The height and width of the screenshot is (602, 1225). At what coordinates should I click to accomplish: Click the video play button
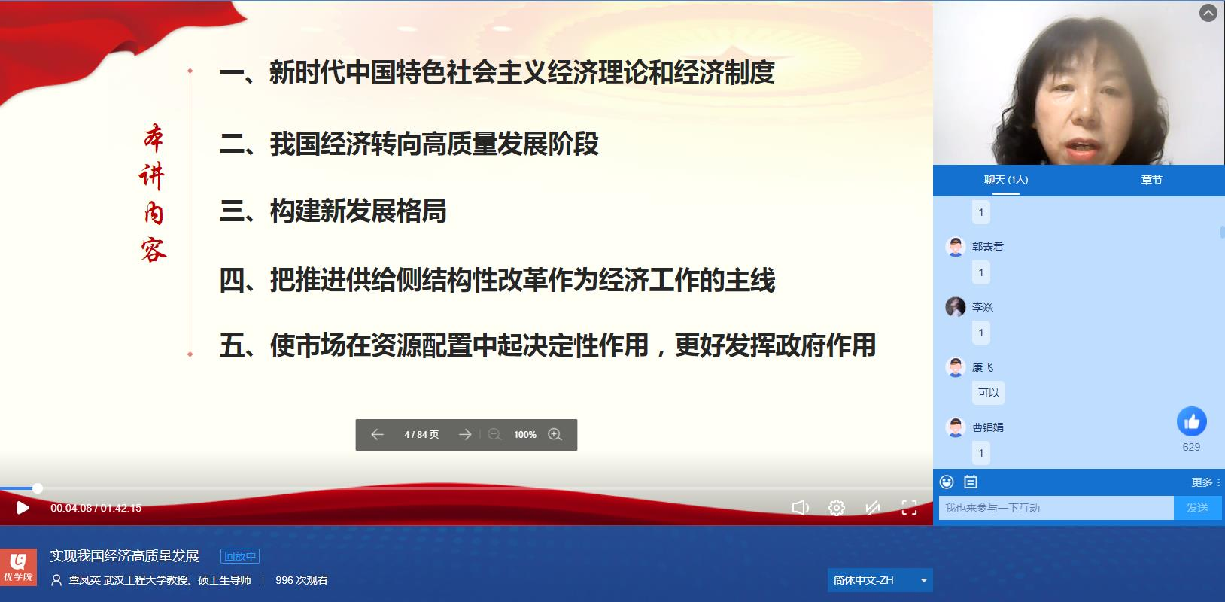point(23,508)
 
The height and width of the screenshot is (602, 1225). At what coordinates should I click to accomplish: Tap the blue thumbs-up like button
point(1192,421)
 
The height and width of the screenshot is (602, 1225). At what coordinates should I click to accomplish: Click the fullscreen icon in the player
point(909,508)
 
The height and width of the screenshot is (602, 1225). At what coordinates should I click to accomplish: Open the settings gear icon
point(836,508)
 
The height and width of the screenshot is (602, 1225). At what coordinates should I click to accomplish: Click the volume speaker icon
point(800,508)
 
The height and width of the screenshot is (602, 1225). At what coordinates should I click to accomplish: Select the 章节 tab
point(1151,180)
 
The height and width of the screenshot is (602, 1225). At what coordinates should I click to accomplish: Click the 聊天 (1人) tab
point(1006,180)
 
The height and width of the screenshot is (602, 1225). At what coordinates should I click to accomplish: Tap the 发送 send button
point(1197,508)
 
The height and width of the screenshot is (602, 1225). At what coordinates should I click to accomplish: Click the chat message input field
point(1056,508)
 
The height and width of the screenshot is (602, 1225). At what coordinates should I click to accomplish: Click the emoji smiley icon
point(947,482)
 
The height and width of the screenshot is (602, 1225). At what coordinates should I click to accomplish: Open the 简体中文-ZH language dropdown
point(880,580)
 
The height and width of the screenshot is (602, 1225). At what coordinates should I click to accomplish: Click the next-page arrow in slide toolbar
point(465,435)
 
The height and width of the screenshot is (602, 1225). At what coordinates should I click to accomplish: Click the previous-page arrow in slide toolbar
point(377,435)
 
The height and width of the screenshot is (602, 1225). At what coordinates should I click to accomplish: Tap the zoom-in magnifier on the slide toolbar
point(555,435)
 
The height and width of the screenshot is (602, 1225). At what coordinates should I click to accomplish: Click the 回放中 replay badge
point(240,556)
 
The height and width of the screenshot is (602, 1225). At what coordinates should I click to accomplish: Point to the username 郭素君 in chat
point(988,247)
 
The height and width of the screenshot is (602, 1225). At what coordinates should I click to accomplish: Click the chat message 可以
point(988,393)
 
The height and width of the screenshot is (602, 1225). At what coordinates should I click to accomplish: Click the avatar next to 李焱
point(956,307)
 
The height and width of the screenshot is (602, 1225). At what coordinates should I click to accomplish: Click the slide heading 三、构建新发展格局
point(333,211)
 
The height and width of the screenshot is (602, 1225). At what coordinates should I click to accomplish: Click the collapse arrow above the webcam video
point(1208,13)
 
